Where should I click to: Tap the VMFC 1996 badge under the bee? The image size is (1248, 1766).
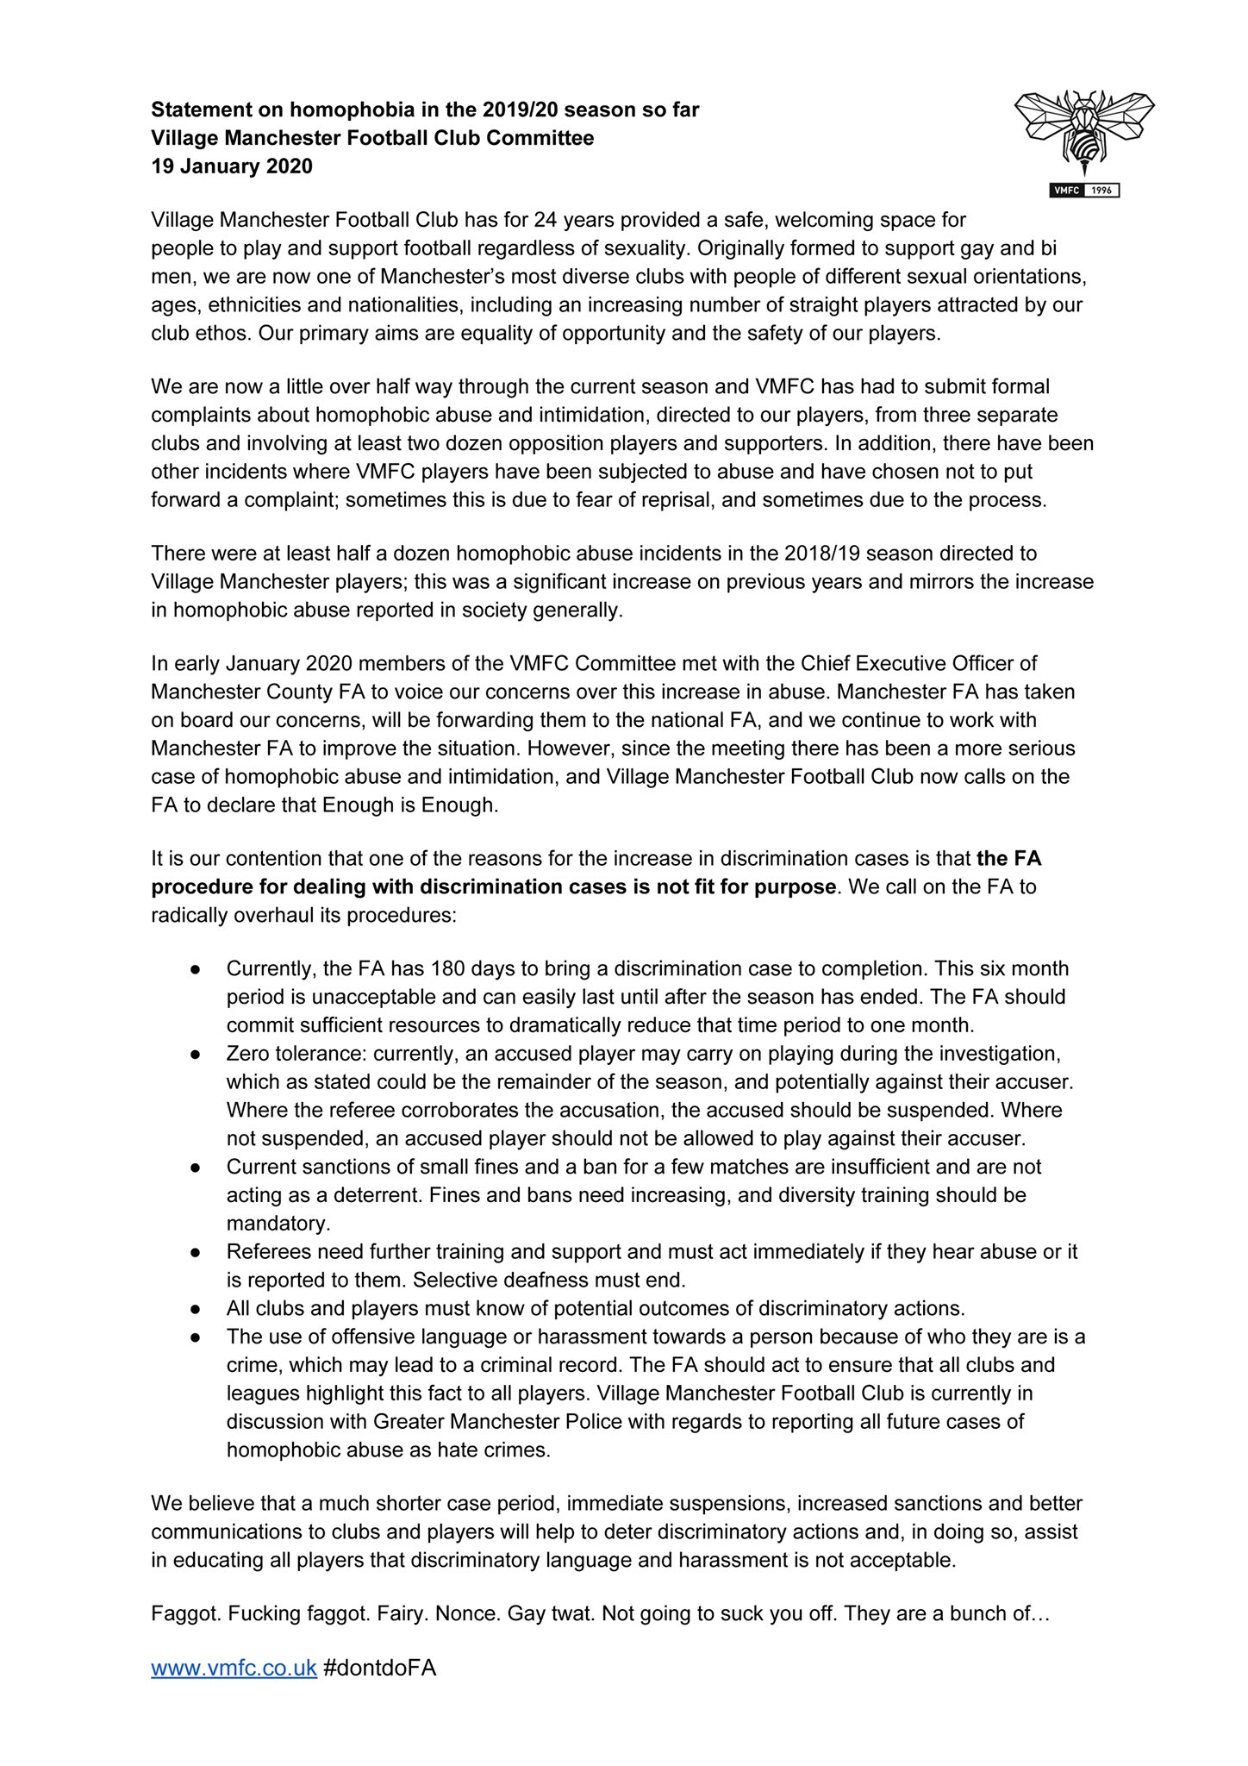[x=1084, y=191]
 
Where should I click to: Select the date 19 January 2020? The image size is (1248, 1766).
[x=232, y=166]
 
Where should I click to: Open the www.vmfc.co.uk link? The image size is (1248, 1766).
[x=234, y=1668]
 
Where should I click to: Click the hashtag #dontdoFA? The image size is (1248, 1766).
[x=379, y=1668]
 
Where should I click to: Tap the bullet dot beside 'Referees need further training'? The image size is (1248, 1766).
[x=197, y=1252]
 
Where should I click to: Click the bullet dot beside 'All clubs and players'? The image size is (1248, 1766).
[x=197, y=1308]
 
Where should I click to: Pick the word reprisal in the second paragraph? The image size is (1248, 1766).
[x=675, y=500]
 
